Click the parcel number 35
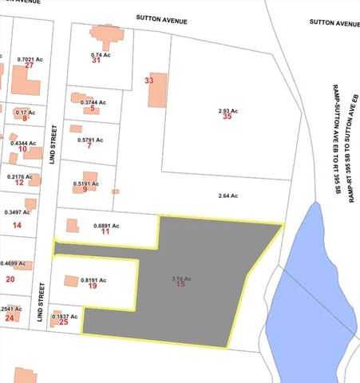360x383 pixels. coord(227,116)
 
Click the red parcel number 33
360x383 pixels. coord(148,81)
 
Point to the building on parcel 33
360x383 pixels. coord(157,90)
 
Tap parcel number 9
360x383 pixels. coord(85,190)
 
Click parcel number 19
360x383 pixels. coord(93,285)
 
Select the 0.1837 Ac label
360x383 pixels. coord(65,316)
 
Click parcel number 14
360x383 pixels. coord(17,226)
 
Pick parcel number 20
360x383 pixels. coord(10,279)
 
